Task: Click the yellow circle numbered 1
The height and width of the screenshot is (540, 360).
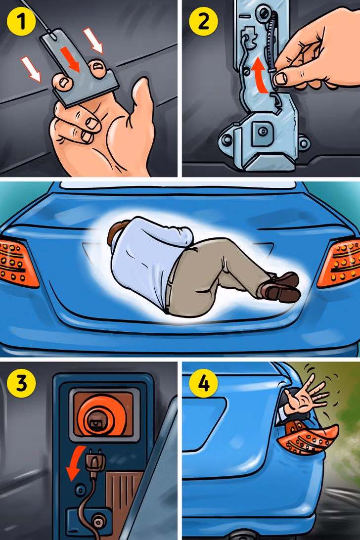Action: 21,21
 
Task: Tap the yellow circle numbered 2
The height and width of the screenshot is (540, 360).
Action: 203,21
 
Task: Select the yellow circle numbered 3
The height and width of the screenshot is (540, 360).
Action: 21,383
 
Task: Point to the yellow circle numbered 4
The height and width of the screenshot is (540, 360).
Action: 204,383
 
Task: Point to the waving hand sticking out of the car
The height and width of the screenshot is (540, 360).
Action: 305,396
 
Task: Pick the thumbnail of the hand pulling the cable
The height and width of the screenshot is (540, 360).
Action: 281,79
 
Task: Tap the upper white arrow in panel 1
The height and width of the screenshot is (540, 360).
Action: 93,40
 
